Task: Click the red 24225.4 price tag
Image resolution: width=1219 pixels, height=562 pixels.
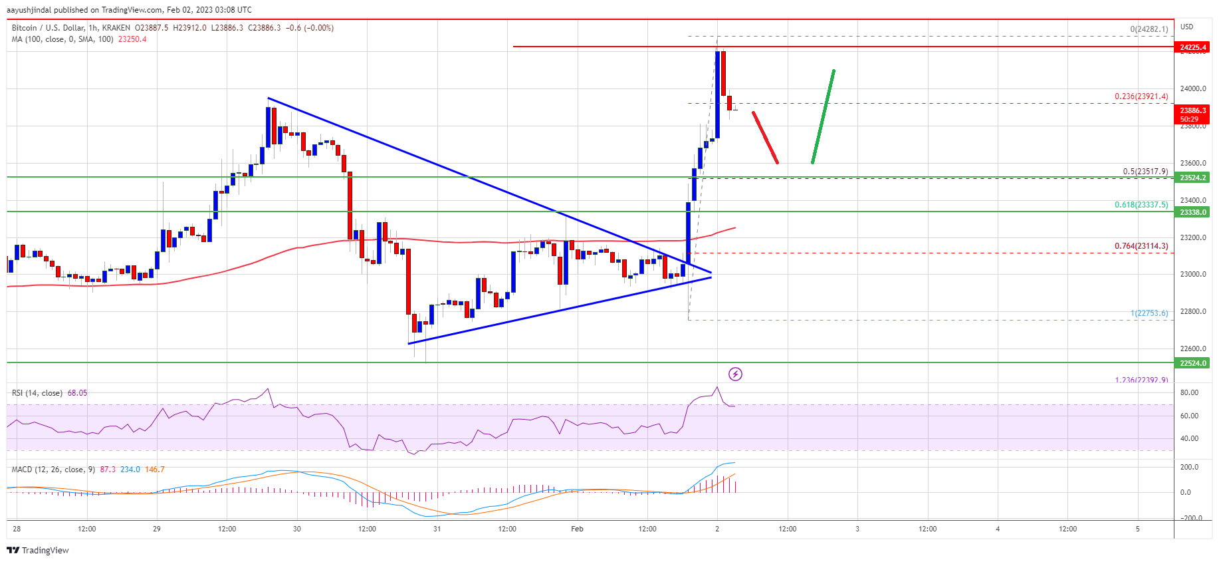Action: [1192, 47]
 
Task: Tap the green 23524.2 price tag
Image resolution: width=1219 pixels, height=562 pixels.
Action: [1192, 178]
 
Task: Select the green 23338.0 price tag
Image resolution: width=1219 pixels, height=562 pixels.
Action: [1192, 212]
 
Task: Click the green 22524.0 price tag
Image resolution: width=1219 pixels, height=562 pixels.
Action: [1192, 363]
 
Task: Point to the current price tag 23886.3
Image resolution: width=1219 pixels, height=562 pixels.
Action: [1192, 114]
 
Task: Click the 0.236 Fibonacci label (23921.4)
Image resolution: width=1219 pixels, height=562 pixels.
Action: [1141, 96]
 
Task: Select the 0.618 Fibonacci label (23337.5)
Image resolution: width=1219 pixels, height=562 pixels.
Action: [1141, 205]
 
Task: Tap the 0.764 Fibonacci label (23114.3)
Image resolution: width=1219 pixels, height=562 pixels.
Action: [1141, 246]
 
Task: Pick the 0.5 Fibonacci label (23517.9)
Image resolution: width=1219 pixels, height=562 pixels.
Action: [1145, 172]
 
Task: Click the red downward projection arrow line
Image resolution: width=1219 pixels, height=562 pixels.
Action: [765, 138]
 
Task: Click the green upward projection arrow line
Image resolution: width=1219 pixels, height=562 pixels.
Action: [823, 116]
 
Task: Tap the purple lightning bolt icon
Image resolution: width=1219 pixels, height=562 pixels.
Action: [735, 374]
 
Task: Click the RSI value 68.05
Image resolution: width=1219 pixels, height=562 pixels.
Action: [77, 393]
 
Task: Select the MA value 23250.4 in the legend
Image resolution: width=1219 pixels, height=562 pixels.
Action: [132, 39]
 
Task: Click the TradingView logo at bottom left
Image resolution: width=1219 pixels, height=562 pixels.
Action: [38, 550]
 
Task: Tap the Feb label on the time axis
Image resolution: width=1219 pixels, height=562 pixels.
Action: [577, 529]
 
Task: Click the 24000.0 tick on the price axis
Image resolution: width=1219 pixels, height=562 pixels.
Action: [1192, 88]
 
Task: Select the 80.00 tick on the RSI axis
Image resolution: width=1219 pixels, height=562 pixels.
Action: [1189, 392]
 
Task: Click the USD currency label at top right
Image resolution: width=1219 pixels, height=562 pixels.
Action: [1186, 27]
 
